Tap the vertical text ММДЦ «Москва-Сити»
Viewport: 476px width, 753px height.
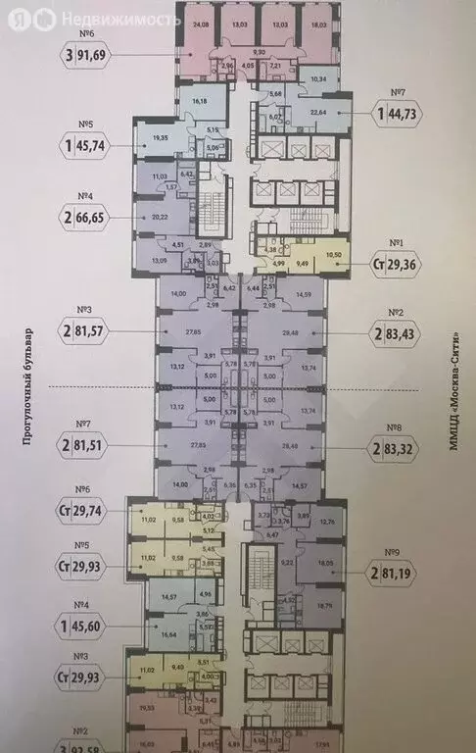(453, 387)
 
